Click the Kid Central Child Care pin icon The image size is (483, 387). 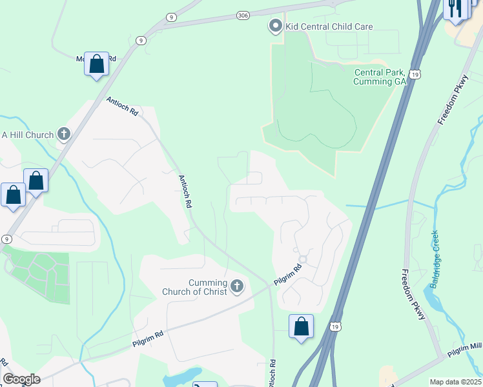point(276,26)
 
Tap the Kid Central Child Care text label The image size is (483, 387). point(329,26)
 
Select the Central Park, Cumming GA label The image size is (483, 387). point(380,77)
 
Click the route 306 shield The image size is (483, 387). point(243,15)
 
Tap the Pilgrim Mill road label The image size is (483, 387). point(465,349)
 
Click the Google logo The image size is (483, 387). point(21,379)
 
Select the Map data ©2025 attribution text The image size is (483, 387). point(456,382)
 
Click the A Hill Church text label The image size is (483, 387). point(27,134)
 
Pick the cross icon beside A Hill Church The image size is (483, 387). point(63,134)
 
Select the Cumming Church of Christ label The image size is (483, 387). point(207,287)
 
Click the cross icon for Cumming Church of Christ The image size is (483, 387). point(237,286)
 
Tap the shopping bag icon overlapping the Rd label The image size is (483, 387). point(97,64)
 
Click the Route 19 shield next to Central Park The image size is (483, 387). point(415,75)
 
